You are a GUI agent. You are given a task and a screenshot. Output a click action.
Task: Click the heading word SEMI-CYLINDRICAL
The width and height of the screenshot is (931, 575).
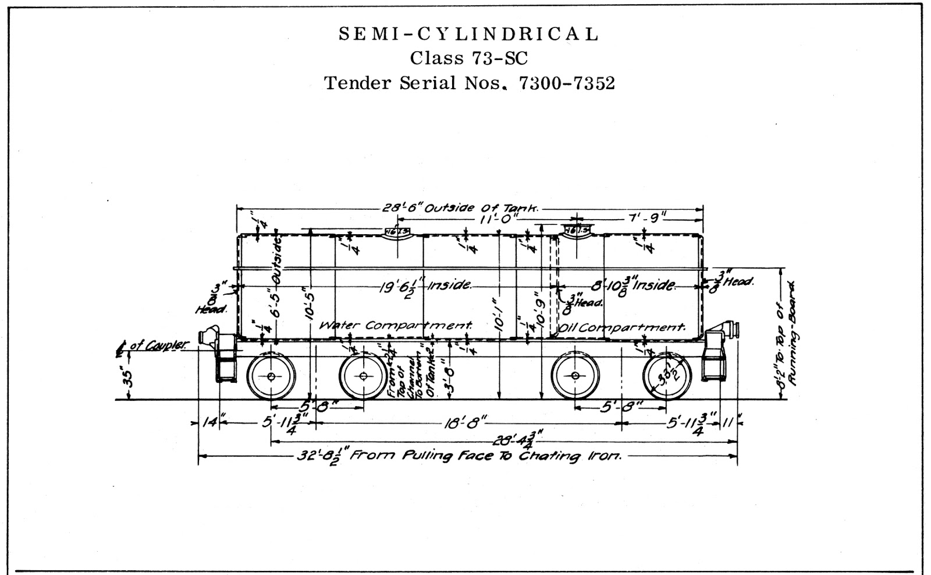[468, 34]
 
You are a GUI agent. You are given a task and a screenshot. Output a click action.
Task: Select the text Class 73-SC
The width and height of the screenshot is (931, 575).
[468, 58]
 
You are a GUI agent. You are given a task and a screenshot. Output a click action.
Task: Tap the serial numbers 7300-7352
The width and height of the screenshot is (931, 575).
[567, 83]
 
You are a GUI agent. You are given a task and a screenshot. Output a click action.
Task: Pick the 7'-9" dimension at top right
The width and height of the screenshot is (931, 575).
[647, 218]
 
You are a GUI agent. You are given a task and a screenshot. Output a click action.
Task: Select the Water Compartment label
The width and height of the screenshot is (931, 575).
[396, 325]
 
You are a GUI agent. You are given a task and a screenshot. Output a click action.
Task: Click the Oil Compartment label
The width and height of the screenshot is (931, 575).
[621, 327]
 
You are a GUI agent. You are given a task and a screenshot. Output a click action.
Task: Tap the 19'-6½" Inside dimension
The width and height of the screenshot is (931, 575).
[425, 285]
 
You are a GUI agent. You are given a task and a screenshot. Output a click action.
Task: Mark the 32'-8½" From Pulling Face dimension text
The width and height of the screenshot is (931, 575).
[460, 456]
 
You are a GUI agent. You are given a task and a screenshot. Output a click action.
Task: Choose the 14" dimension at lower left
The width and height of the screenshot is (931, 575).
[209, 422]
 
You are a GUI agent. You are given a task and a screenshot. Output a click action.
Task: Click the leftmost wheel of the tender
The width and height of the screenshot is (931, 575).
[271, 377]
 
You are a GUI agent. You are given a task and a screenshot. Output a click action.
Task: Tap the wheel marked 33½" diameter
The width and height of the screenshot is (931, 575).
[667, 376]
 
